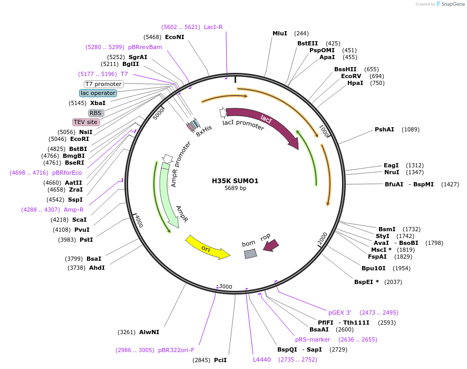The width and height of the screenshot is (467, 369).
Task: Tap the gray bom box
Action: [x=250, y=253]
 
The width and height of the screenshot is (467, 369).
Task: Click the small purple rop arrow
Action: [x=271, y=245]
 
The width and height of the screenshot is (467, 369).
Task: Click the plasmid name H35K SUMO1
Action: [x=235, y=181]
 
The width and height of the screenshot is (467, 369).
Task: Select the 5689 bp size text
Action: [x=235, y=188]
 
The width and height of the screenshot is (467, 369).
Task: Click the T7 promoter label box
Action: [x=104, y=84]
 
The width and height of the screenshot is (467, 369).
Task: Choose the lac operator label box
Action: [x=98, y=93]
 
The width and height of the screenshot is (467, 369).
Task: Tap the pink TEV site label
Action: [x=86, y=122]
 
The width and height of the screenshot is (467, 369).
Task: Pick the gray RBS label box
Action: [x=95, y=113]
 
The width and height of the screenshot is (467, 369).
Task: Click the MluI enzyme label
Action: [x=280, y=33]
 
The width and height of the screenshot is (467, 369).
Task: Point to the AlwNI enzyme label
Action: [x=149, y=332]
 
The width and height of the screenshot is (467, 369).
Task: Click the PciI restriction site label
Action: [x=220, y=360]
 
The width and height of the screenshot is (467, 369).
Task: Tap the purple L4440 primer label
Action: [x=262, y=359]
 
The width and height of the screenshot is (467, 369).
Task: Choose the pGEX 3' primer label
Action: [x=340, y=313]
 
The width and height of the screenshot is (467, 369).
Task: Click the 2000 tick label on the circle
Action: [x=323, y=239]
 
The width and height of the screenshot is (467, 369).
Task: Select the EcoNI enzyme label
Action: [x=174, y=37]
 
